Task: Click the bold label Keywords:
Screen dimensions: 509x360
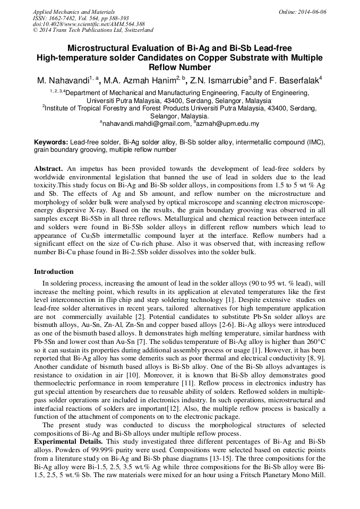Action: tap(51, 143)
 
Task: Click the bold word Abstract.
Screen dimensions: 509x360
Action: tap(49, 168)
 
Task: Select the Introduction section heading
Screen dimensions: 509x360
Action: tap(54, 272)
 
